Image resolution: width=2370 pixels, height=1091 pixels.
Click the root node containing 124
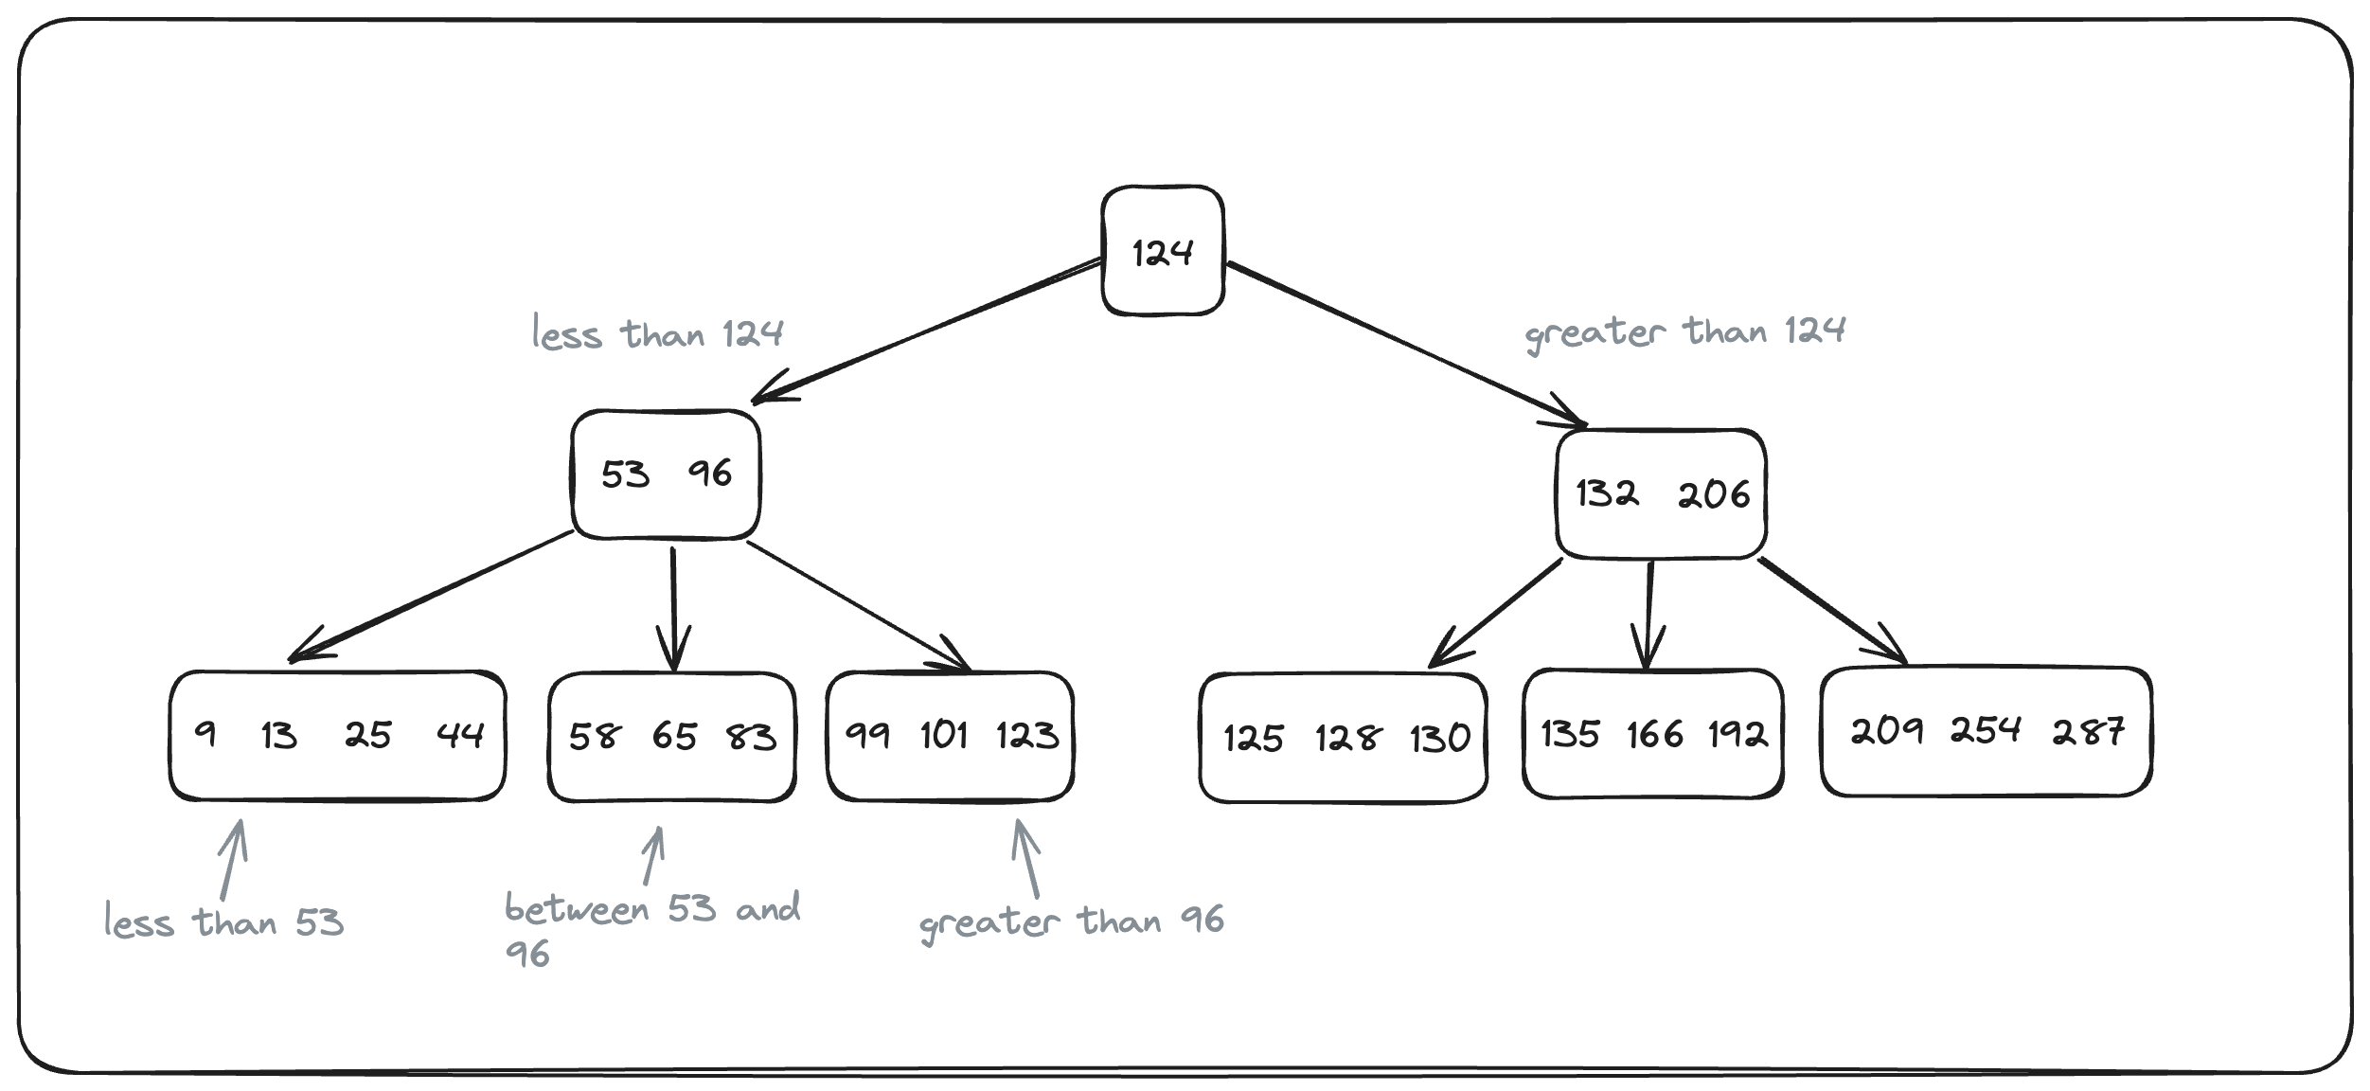point(1163,252)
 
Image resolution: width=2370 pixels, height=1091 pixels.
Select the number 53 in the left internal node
point(625,474)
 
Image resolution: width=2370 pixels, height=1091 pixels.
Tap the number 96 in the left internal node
point(710,473)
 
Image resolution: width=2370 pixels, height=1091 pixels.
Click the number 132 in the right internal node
point(1607,493)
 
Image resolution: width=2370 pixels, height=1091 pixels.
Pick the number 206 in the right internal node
point(1714,494)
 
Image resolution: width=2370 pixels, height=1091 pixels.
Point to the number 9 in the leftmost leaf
point(205,734)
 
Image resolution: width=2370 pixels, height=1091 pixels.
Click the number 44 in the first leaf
point(460,734)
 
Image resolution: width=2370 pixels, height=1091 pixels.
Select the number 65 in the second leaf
point(674,736)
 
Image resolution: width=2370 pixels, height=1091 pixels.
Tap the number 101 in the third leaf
point(944,735)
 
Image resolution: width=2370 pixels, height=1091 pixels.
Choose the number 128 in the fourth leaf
point(1347,738)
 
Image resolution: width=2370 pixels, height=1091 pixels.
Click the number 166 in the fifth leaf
point(1655,734)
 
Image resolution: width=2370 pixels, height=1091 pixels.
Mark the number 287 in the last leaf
point(2088,731)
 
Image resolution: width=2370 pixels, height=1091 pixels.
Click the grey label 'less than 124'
point(657,334)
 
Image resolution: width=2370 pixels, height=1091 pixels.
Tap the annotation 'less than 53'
point(223,921)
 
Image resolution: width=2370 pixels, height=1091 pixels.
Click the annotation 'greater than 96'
point(1071,921)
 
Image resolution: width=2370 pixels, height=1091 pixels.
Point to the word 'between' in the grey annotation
point(577,910)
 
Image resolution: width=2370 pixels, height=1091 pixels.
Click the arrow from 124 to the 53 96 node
point(928,329)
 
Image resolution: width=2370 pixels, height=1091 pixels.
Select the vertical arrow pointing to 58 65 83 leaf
point(673,606)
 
